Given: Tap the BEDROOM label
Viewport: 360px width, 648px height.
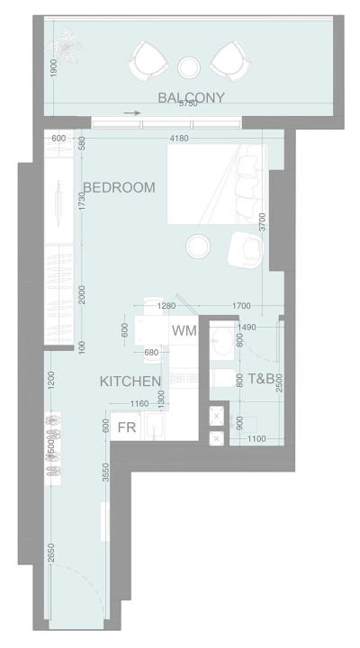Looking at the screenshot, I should click(x=119, y=187).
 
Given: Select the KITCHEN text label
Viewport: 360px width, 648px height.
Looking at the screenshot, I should click(x=130, y=382).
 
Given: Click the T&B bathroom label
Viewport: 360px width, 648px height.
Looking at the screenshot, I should click(x=261, y=379).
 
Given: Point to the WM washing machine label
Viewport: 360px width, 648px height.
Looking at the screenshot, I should click(x=184, y=331).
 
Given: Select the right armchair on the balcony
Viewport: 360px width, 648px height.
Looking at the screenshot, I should click(x=230, y=59).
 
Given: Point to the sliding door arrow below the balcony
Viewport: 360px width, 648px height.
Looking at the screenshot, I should click(x=132, y=113).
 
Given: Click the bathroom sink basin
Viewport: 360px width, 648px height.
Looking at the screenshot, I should click(x=222, y=339).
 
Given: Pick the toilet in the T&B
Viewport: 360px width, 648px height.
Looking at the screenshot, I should click(x=220, y=379).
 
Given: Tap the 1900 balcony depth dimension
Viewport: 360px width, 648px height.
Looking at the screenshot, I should click(x=56, y=70).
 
